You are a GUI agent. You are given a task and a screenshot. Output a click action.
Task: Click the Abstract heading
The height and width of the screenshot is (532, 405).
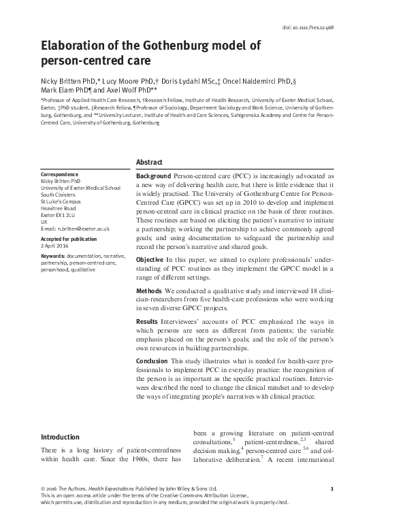click(149, 163)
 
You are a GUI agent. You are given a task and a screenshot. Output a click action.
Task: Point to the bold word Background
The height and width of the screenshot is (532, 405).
click(154, 176)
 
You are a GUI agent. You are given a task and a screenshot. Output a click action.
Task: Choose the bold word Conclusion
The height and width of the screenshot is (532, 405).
click(152, 360)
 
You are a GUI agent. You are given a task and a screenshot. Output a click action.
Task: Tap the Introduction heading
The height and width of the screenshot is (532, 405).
click(61, 437)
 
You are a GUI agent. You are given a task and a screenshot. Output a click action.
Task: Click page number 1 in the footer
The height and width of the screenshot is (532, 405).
click(330, 488)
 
